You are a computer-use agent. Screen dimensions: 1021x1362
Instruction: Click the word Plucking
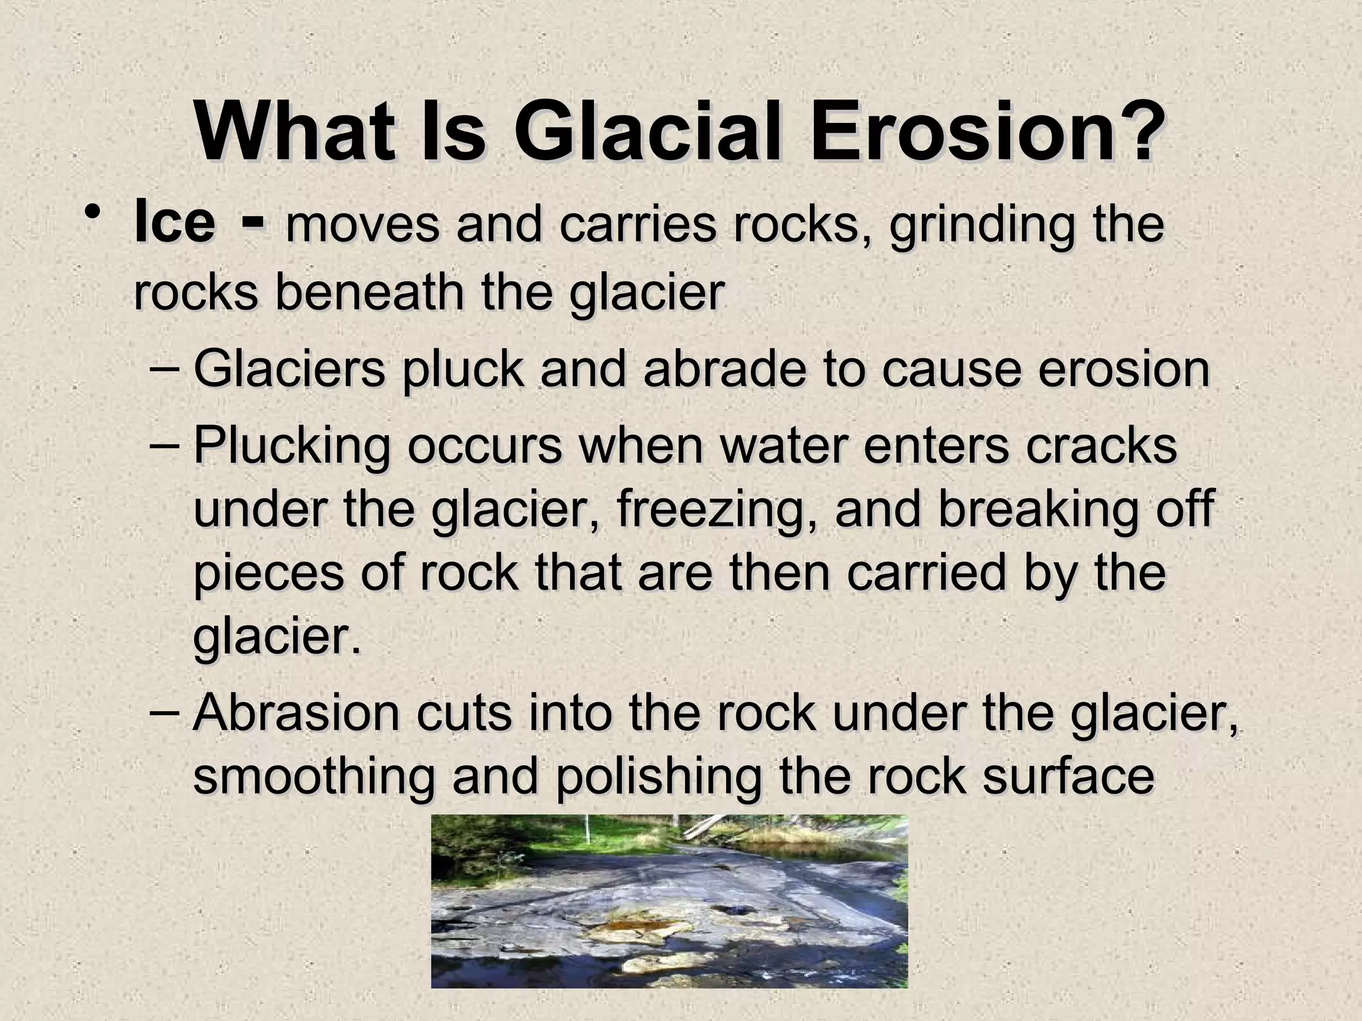pyautogui.click(x=291, y=447)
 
